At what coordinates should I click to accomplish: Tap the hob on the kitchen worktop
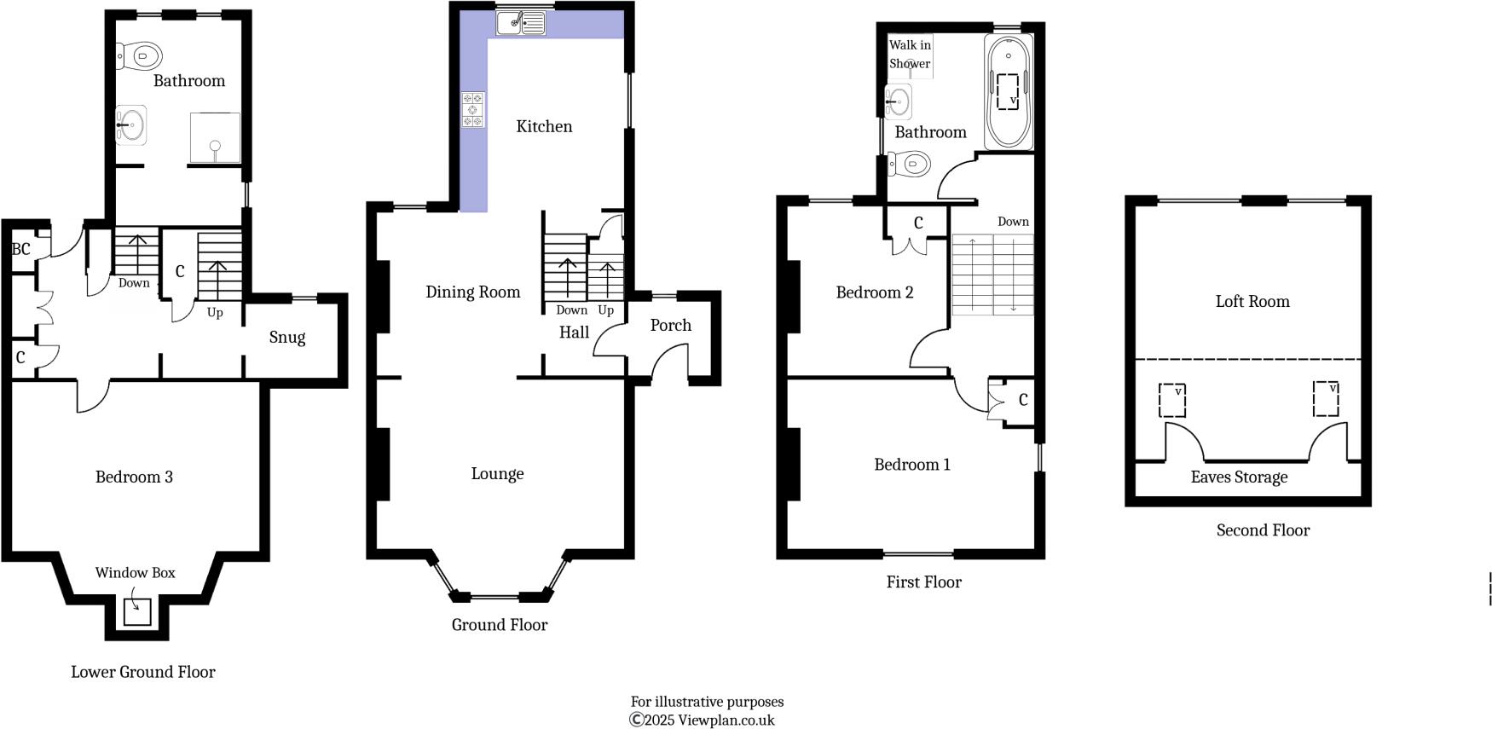pyautogui.click(x=473, y=110)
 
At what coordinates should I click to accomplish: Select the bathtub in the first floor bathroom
pyautogui.click(x=1008, y=92)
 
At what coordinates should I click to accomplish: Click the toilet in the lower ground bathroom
pyautogui.click(x=140, y=56)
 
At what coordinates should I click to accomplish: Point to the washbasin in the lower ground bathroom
pyautogui.click(x=131, y=125)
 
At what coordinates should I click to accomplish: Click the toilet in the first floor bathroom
pyautogui.click(x=909, y=163)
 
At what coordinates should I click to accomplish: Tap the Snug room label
pyautogui.click(x=286, y=337)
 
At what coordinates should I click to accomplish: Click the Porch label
pyautogui.click(x=670, y=325)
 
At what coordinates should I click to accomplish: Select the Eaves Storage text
pyautogui.click(x=1238, y=477)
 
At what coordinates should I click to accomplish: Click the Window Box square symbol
pyautogui.click(x=137, y=611)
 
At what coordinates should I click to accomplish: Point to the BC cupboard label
pyautogui.click(x=21, y=249)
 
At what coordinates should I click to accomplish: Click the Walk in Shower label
pyautogui.click(x=910, y=54)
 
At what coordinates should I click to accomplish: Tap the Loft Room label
pyautogui.click(x=1252, y=301)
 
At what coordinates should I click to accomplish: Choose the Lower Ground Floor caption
pyautogui.click(x=142, y=672)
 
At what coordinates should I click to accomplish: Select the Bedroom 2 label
pyautogui.click(x=874, y=292)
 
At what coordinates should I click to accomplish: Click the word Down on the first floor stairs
pyautogui.click(x=1013, y=222)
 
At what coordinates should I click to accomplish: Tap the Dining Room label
pyautogui.click(x=472, y=292)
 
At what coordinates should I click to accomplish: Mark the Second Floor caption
pyautogui.click(x=1262, y=530)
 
